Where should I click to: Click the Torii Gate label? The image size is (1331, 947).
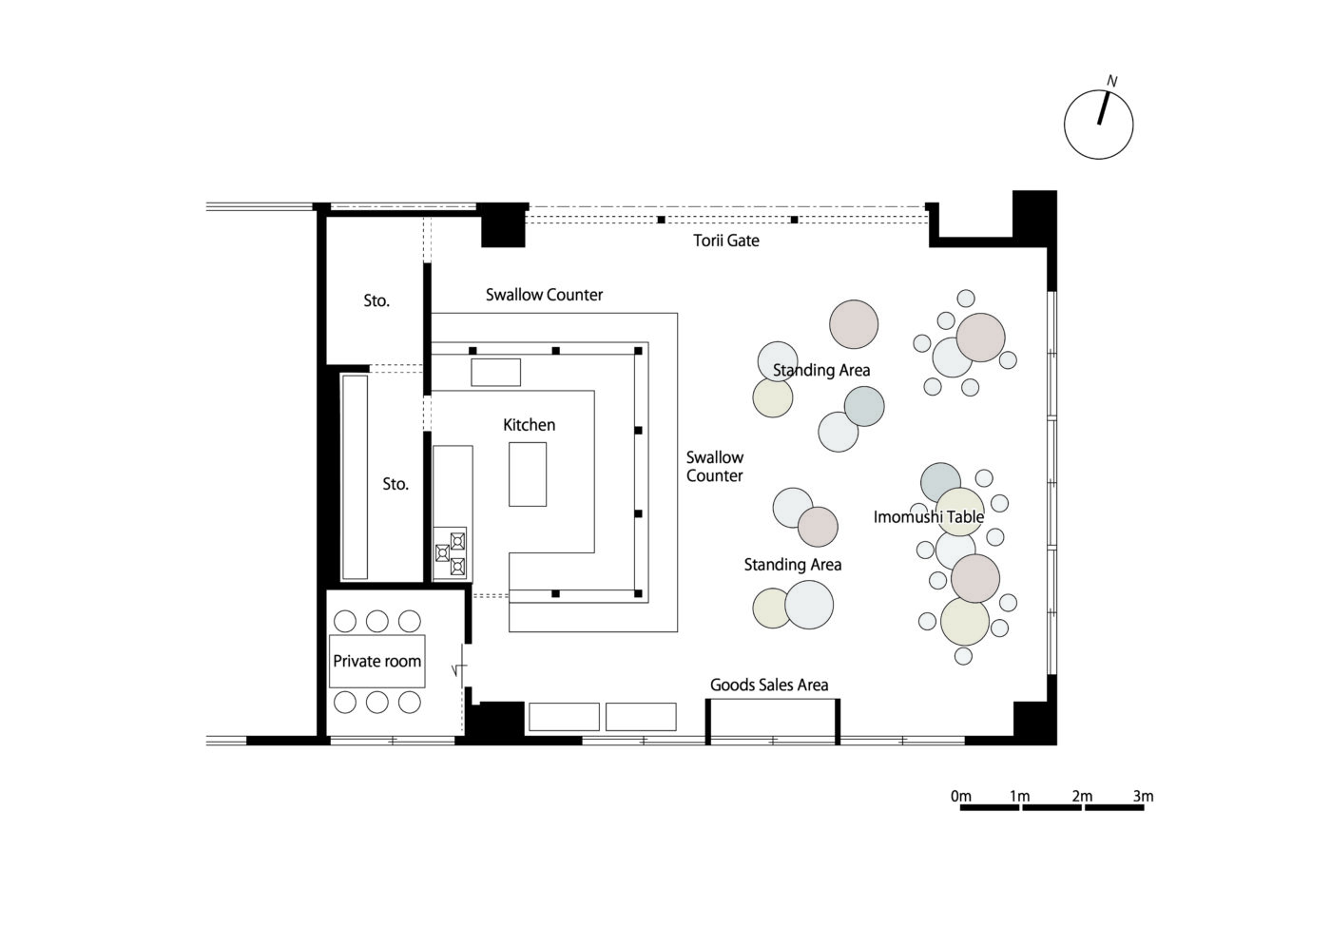click(x=726, y=241)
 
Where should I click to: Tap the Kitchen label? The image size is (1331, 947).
click(x=529, y=425)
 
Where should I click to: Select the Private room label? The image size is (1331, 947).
click(x=376, y=661)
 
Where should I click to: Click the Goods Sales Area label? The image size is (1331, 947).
click(x=769, y=685)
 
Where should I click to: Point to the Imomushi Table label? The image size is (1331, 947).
click(x=928, y=517)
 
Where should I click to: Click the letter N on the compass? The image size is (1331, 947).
click(x=1111, y=82)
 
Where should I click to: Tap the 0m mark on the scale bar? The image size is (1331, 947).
click(x=961, y=796)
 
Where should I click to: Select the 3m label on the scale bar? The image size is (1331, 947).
click(x=1143, y=796)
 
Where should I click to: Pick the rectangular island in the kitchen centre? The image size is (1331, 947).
click(x=528, y=474)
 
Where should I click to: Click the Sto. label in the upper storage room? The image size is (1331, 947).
click(x=376, y=300)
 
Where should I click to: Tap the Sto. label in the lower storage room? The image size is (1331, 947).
click(x=395, y=484)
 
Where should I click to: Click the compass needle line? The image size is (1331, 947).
click(x=1104, y=108)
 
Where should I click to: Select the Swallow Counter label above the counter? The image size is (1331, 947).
click(x=544, y=295)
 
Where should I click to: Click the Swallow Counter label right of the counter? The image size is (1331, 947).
click(x=715, y=467)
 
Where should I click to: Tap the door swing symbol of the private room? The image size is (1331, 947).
click(x=460, y=669)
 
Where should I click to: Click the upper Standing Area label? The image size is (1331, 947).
click(x=821, y=370)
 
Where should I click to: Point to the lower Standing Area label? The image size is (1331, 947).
click(x=793, y=565)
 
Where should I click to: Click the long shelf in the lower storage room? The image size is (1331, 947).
click(x=355, y=476)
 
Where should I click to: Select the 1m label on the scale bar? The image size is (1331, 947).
click(x=1019, y=796)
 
